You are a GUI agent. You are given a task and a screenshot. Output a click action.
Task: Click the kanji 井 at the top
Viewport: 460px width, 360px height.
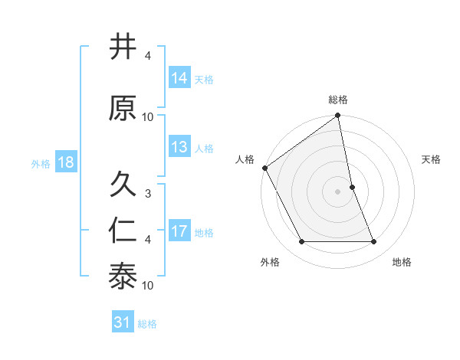(x=123, y=47)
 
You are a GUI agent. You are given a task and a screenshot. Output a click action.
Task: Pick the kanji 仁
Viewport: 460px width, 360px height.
(x=123, y=231)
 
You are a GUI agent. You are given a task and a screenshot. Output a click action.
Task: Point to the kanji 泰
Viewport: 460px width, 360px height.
(x=123, y=277)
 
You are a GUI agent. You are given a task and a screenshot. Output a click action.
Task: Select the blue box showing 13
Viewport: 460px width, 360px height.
(x=179, y=147)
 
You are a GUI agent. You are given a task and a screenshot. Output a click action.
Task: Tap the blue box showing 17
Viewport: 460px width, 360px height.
(x=179, y=231)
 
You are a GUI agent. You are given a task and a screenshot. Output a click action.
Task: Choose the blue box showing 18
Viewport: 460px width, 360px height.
(x=65, y=162)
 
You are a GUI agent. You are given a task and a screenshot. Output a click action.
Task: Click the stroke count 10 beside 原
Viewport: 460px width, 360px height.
(x=148, y=117)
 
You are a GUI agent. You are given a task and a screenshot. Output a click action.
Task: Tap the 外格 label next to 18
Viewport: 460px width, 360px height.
(x=41, y=163)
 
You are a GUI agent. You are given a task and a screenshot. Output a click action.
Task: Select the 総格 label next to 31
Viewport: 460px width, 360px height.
(x=147, y=324)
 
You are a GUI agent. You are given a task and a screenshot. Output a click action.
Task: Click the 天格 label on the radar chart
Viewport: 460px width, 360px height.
(x=431, y=159)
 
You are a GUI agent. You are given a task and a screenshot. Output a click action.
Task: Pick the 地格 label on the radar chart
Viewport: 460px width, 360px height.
(x=402, y=262)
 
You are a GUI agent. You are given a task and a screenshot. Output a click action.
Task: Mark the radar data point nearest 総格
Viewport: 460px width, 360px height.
(x=337, y=116)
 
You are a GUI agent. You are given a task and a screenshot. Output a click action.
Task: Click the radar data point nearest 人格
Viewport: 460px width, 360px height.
(x=264, y=168)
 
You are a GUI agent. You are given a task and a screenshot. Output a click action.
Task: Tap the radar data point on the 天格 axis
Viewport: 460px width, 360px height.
(x=352, y=187)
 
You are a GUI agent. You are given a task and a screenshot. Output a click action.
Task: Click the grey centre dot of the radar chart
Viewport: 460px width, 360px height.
(x=337, y=191)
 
